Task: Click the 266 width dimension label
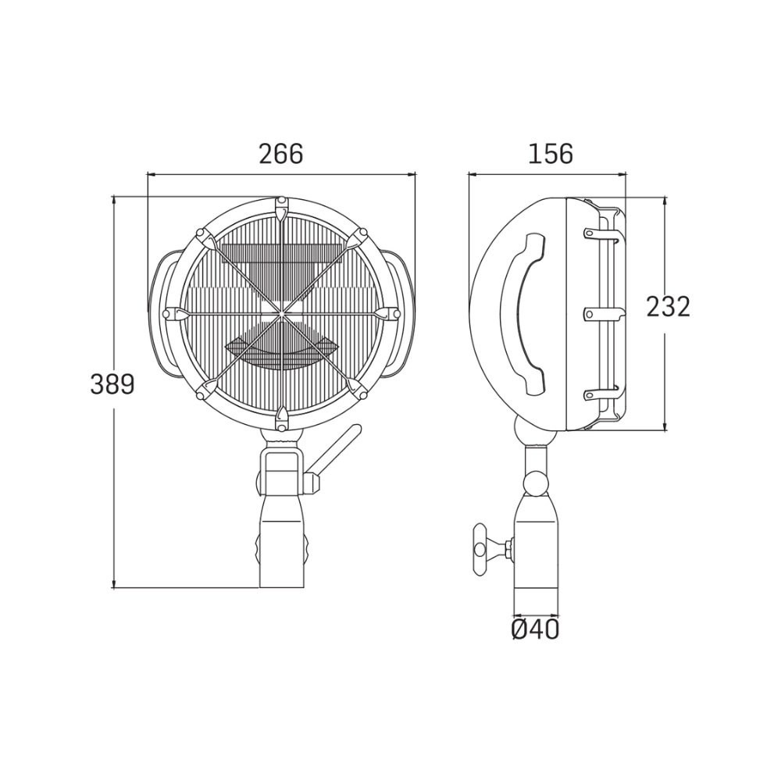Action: pos(280,155)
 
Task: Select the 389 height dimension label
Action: pos(112,384)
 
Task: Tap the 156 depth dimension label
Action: pos(551,155)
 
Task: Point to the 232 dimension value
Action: pos(668,307)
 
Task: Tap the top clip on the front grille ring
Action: pos(282,208)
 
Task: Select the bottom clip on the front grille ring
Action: pos(282,420)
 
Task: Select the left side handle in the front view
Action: pos(162,312)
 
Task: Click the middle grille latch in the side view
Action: pos(605,314)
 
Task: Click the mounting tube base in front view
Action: pos(283,555)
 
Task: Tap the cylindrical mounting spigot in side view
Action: pos(536,555)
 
